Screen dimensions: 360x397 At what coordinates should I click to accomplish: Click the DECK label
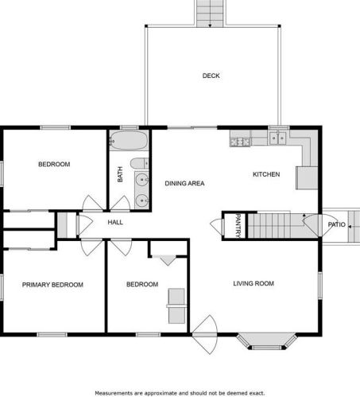(x=211, y=76)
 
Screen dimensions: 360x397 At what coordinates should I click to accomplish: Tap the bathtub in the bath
(x=129, y=140)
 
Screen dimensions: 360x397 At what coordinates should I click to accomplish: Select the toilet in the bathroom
(x=139, y=163)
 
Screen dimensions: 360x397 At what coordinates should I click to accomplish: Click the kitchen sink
(x=277, y=138)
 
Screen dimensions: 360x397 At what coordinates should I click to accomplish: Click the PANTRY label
(x=238, y=226)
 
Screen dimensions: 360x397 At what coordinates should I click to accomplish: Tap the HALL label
(x=115, y=222)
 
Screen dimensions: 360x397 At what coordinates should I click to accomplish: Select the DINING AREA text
(x=184, y=183)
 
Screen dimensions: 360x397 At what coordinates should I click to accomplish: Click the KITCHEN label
(x=266, y=174)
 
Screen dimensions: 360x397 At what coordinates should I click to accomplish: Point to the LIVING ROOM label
(x=254, y=283)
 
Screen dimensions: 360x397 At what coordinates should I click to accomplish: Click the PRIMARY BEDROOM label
(x=52, y=285)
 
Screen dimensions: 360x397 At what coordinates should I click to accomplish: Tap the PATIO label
(x=337, y=224)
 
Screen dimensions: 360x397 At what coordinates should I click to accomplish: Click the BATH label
(x=120, y=174)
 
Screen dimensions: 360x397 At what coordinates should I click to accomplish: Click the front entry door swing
(x=205, y=335)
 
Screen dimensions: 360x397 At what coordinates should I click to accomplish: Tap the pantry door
(x=218, y=227)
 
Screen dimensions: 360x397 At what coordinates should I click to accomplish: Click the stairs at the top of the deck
(x=210, y=14)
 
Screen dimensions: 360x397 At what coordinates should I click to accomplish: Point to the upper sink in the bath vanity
(x=142, y=180)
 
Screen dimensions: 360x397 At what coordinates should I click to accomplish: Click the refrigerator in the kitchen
(x=307, y=177)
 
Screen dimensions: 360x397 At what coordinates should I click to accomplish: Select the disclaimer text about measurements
(x=180, y=393)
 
